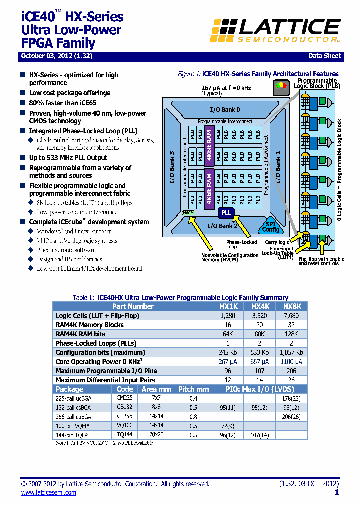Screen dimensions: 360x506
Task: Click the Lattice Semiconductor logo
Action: (x=275, y=29)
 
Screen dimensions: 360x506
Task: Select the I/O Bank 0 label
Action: (x=224, y=109)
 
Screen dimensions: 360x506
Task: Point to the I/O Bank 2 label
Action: (x=222, y=226)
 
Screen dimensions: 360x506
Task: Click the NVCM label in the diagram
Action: (x=188, y=213)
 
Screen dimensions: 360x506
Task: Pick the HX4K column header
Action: (x=260, y=306)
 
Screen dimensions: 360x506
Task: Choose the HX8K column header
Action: (x=292, y=306)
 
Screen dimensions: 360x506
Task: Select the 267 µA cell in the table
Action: (x=228, y=362)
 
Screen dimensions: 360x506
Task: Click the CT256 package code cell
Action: (x=124, y=417)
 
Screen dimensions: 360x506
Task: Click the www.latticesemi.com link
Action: (x=48, y=493)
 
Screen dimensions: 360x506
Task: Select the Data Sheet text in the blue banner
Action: (x=324, y=56)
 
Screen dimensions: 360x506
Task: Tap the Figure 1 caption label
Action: (x=189, y=74)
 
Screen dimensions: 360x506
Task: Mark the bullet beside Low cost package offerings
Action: (x=23, y=93)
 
